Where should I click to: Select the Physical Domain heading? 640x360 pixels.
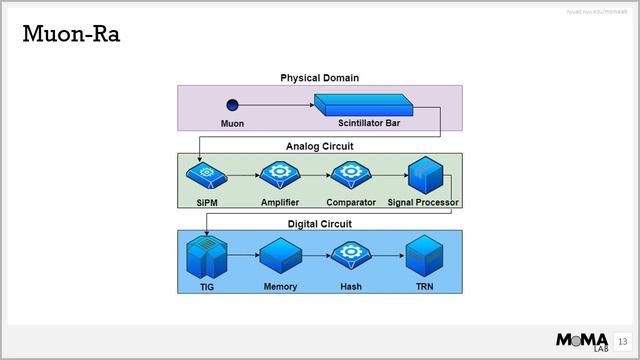pos(319,77)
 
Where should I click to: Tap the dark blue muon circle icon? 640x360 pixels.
pos(232,104)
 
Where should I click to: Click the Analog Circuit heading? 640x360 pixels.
pos(319,145)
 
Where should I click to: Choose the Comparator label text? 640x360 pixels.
pos(351,202)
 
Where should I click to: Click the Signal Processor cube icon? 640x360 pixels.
pos(424,175)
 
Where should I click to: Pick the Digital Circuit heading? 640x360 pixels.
pos(319,223)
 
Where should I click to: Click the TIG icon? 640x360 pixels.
pos(205,258)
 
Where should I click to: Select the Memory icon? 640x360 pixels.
pos(280,257)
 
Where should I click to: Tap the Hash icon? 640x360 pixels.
pos(351,256)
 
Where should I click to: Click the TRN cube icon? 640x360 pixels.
pos(424,257)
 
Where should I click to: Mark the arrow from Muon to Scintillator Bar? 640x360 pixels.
pos(276,104)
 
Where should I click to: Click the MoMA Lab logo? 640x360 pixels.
pos(583,339)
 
